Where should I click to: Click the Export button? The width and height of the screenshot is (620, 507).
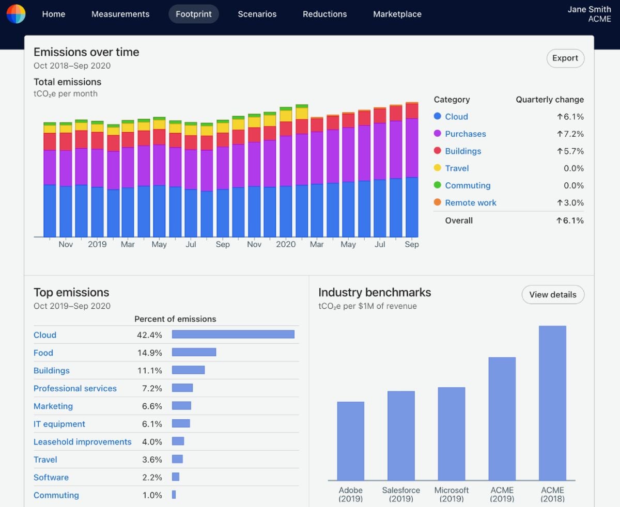(x=565, y=58)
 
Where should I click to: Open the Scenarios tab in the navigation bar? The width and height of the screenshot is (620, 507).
(x=257, y=14)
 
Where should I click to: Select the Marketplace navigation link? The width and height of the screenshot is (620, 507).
(x=397, y=14)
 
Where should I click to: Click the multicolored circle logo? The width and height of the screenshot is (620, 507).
(x=16, y=14)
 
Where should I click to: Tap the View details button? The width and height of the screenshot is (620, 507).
(x=553, y=295)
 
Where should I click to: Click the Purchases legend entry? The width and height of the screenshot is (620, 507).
(x=466, y=134)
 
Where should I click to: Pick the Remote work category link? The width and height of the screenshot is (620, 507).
(x=470, y=203)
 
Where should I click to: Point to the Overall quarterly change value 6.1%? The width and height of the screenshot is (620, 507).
(x=570, y=220)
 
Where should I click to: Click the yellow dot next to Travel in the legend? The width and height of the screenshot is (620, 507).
(x=438, y=168)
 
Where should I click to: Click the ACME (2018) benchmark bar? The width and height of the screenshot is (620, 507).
(x=552, y=403)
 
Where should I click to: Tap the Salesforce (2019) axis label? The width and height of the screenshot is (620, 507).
(x=401, y=495)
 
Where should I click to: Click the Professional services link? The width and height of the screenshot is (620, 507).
(x=75, y=388)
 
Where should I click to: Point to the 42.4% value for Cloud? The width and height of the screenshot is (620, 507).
(x=149, y=335)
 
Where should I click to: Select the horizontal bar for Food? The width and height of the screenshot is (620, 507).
(x=194, y=352)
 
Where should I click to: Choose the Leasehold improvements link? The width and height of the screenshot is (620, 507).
(x=82, y=442)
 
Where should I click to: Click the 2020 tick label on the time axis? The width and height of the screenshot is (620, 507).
(x=285, y=244)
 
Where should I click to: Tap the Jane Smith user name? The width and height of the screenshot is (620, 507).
(x=589, y=9)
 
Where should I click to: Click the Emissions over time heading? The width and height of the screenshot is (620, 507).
(x=86, y=52)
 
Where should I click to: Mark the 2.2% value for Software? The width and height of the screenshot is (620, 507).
(x=152, y=478)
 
